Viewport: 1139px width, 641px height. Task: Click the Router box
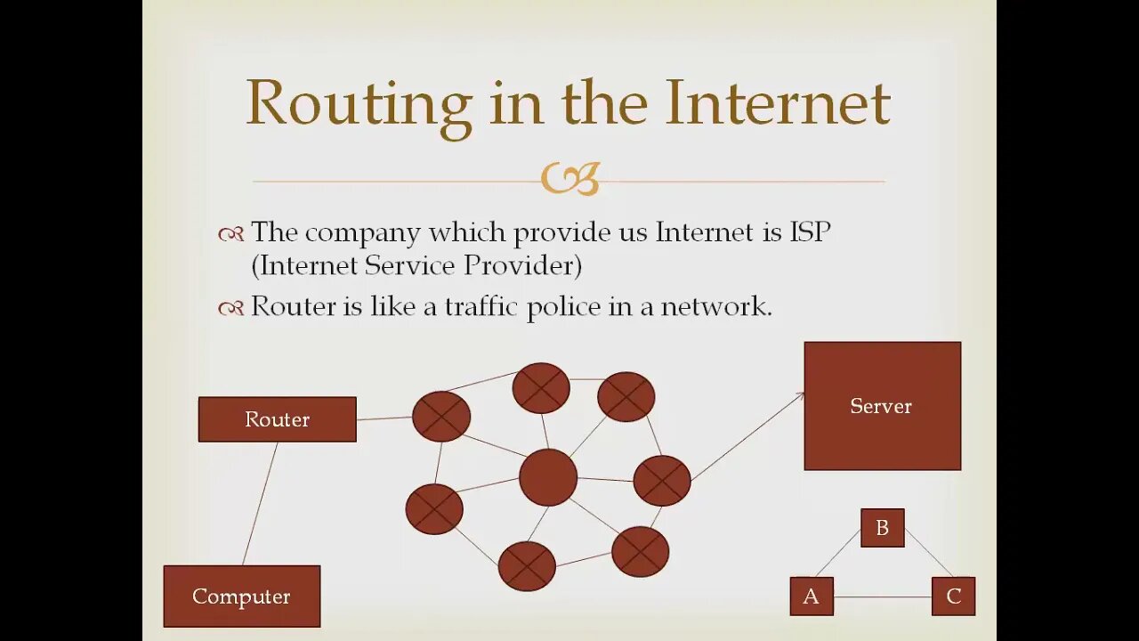click(277, 419)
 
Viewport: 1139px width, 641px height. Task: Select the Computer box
click(241, 596)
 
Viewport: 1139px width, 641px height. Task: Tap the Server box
click(882, 406)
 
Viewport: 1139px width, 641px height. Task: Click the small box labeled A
click(812, 596)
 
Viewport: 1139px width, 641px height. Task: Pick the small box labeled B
click(882, 528)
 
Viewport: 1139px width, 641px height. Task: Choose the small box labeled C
click(953, 596)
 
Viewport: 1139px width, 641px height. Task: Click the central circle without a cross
click(547, 477)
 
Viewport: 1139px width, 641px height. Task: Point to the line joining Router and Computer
click(260, 503)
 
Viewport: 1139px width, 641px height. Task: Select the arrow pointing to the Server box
click(747, 436)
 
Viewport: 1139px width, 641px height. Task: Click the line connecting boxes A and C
click(882, 596)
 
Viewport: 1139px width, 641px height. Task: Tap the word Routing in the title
click(358, 104)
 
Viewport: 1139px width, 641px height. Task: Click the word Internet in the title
click(777, 102)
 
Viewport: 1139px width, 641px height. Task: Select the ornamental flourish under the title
click(570, 179)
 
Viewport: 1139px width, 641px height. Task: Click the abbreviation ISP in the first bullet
click(810, 232)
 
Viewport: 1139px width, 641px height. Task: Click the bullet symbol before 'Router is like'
click(230, 308)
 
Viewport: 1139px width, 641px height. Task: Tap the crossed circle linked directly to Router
click(441, 416)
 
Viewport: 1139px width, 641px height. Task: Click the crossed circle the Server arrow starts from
click(662, 481)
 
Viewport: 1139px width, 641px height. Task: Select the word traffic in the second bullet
click(482, 306)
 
